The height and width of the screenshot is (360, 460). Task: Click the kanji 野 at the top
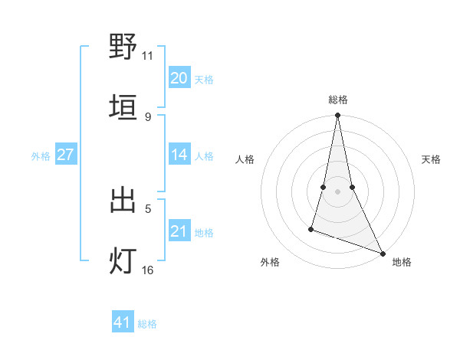tap(123, 47)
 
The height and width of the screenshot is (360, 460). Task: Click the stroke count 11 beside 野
tap(147, 56)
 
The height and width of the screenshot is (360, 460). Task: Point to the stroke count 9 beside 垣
tap(147, 116)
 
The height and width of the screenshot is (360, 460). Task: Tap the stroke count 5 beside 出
tap(147, 208)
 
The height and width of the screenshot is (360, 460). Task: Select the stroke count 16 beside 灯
tap(147, 270)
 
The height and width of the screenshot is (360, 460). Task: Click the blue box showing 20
tap(179, 77)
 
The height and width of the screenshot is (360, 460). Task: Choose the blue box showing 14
tap(179, 155)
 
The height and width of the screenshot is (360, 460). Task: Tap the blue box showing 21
tap(179, 231)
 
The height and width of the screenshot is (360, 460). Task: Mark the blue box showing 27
tap(65, 155)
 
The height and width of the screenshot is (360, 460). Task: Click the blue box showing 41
tap(123, 322)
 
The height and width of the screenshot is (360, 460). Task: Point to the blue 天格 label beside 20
tap(204, 79)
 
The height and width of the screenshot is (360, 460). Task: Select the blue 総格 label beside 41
tap(147, 324)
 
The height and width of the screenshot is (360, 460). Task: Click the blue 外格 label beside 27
tap(41, 156)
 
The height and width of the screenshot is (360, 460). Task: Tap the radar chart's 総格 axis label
tap(337, 100)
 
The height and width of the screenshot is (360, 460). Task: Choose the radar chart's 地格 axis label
tap(402, 262)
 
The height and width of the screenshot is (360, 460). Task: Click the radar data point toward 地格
tap(382, 253)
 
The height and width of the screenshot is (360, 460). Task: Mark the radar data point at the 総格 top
tap(337, 116)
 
